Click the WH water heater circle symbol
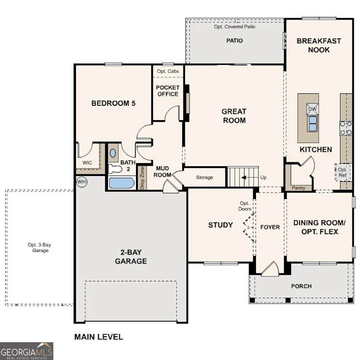(81, 181)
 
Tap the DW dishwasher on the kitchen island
(312, 109)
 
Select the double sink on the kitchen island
(312, 123)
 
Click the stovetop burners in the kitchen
(346, 128)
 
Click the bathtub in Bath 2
(121, 183)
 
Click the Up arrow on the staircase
(244, 178)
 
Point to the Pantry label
(298, 188)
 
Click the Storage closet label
(204, 178)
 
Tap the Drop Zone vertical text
(142, 178)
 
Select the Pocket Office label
(168, 91)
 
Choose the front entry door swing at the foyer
(270, 269)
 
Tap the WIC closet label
(87, 163)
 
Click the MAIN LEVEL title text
(98, 337)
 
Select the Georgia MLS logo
(27, 351)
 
